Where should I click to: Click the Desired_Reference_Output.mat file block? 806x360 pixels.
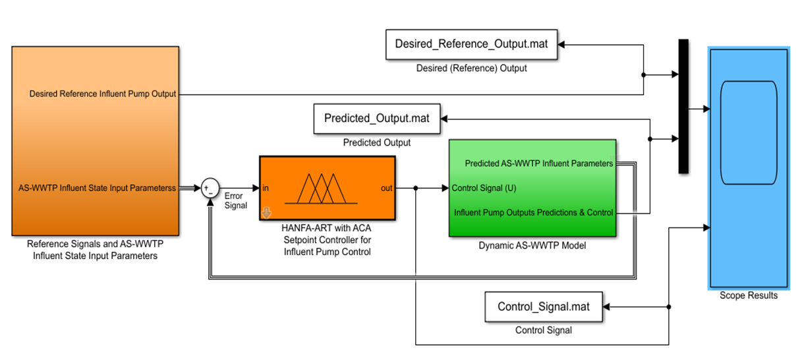[471, 44]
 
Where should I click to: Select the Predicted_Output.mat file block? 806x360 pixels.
[376, 119]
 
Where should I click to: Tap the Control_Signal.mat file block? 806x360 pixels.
[543, 307]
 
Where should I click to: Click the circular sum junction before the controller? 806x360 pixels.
[210, 188]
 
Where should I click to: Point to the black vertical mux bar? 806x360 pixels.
[683, 106]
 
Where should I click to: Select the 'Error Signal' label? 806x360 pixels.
[235, 200]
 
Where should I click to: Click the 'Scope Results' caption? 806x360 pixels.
[748, 295]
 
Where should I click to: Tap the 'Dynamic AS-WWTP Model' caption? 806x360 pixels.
[532, 245]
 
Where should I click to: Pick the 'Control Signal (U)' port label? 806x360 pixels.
[484, 188]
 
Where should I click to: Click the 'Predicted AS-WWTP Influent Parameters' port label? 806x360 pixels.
[539, 163]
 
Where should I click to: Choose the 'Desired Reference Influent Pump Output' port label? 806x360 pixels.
[103, 94]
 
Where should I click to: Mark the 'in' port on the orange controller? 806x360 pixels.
[266, 188]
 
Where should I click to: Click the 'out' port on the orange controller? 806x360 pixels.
[387, 188]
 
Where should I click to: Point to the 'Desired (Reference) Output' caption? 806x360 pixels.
[471, 68]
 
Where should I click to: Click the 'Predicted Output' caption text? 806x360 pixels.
[376, 142]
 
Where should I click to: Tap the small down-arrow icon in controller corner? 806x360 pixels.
[266, 212]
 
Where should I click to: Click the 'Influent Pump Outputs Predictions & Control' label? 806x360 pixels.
[534, 212]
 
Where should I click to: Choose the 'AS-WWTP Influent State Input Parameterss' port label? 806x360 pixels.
[97, 188]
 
